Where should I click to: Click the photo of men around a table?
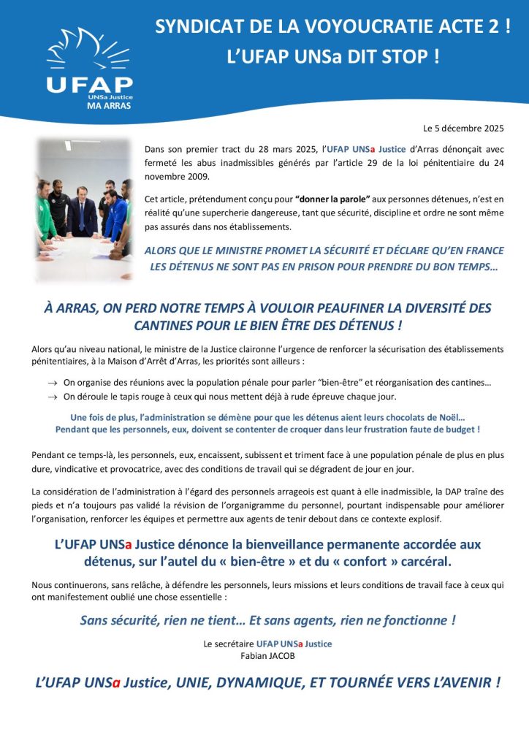click(83, 210)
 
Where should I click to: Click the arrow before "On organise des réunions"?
click(53, 383)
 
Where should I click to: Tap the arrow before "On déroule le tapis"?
click(53, 397)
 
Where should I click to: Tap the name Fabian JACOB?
click(267, 655)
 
